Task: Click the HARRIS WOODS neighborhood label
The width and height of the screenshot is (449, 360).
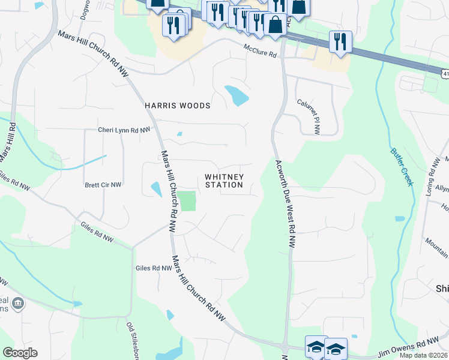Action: pos(178,106)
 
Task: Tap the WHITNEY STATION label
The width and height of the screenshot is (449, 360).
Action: pos(224,181)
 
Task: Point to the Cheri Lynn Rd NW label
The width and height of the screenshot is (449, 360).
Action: pos(124,130)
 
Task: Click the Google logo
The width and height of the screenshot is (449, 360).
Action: pos(20,353)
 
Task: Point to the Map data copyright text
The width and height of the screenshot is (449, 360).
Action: pos(424,355)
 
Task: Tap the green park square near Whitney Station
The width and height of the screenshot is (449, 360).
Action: pos(188,201)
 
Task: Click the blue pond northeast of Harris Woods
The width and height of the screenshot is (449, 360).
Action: pos(237,95)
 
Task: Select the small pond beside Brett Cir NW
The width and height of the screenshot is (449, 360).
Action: pos(155,190)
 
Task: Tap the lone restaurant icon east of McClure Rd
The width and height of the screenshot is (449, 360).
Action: pos(340,43)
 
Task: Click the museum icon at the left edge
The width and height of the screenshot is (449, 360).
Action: pos(18,303)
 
